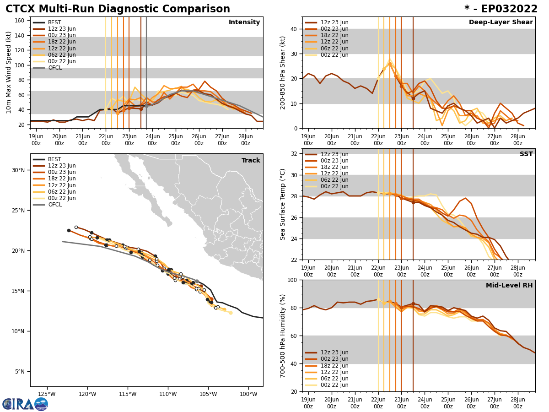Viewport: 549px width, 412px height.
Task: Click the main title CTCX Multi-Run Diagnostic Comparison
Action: coord(118,9)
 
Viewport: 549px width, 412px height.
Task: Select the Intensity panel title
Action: coord(244,22)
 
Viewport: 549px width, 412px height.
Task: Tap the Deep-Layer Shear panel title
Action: coord(501,22)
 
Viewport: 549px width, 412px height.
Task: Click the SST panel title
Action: coord(526,154)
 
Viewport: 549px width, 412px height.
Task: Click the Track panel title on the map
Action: coord(251,161)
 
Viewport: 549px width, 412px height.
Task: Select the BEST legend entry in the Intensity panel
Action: coord(54,22)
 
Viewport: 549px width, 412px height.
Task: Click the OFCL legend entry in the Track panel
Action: coord(54,205)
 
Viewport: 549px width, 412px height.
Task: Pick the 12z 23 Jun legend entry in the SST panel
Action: coord(334,154)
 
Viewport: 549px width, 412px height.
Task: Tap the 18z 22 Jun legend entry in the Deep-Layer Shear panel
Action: coord(334,35)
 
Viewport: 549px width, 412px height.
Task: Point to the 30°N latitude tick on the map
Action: coord(18,170)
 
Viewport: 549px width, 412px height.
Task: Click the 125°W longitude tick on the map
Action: coord(47,394)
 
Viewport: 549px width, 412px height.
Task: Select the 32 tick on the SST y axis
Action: coord(295,154)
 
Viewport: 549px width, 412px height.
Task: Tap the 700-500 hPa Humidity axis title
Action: coord(283,336)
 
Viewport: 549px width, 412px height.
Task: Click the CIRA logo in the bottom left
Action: coord(25,404)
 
